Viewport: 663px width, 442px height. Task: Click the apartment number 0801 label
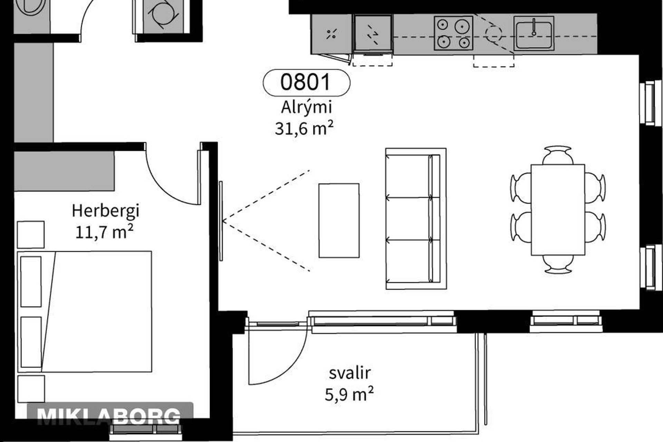(x=306, y=83)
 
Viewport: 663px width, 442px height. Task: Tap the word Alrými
(x=306, y=107)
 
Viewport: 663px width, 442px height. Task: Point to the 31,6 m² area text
(x=304, y=128)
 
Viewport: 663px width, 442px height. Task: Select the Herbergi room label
(x=106, y=211)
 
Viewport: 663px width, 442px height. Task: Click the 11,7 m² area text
(x=104, y=232)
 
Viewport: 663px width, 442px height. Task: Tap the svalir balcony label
(x=350, y=373)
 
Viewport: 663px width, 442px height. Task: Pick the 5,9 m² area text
(x=349, y=394)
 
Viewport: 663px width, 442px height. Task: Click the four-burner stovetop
(x=453, y=33)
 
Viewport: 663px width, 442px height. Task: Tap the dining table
(x=558, y=210)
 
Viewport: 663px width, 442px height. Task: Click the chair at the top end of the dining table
(x=558, y=155)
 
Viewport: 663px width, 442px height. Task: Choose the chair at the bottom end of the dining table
(x=558, y=264)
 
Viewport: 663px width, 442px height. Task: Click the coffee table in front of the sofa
(x=339, y=221)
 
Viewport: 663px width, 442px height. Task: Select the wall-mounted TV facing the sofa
(x=221, y=221)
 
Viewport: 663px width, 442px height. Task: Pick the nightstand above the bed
(x=31, y=235)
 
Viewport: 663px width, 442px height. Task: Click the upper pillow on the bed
(x=31, y=281)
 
